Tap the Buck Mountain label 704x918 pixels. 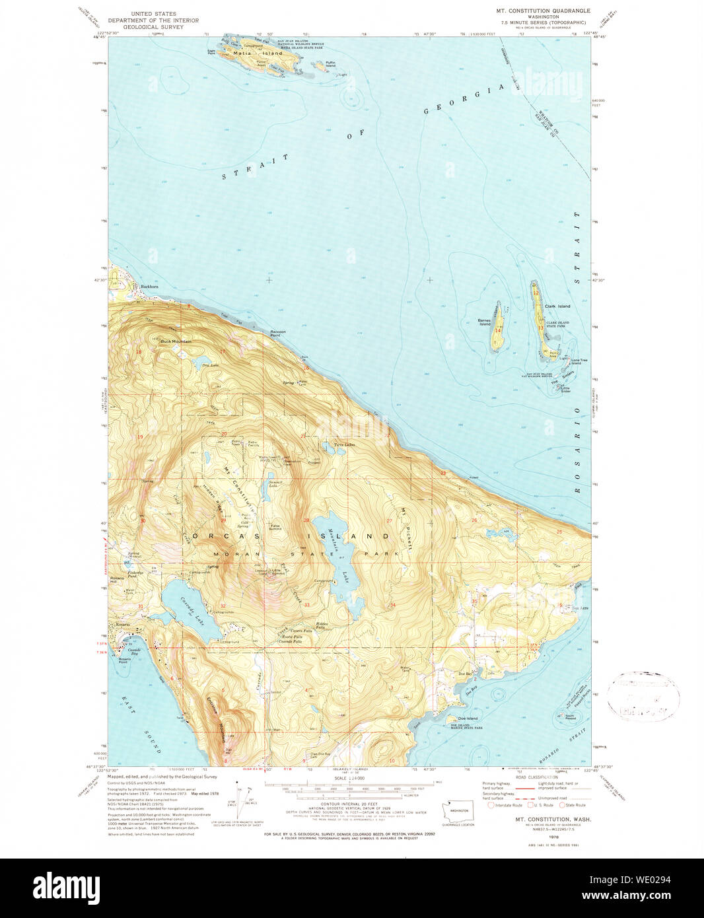pyautogui.click(x=176, y=341)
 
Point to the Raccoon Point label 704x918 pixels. pyautogui.click(x=279, y=333)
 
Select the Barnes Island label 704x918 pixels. pyautogui.click(x=485, y=322)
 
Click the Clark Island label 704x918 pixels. pyautogui.click(x=557, y=306)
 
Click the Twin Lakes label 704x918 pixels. pyautogui.click(x=344, y=444)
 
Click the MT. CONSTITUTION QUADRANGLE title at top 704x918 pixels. pyautogui.click(x=544, y=11)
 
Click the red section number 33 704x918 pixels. pyautogui.click(x=307, y=605)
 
